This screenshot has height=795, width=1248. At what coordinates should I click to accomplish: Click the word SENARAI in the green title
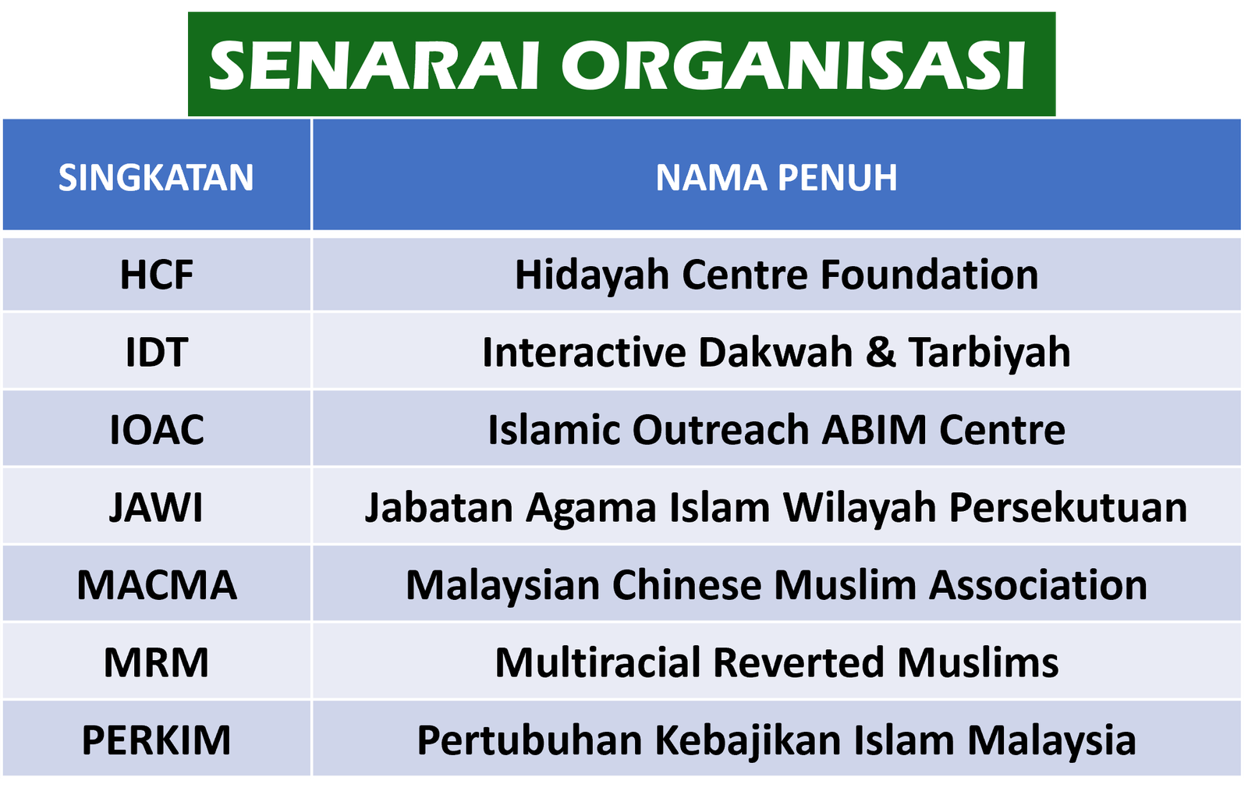coord(374,66)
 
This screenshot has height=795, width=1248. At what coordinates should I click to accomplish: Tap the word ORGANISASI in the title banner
coord(793,66)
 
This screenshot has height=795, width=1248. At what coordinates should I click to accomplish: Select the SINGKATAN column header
coord(156,178)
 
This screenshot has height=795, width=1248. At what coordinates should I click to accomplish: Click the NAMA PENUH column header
coord(776,178)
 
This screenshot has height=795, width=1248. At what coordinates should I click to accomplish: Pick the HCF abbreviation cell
coord(157,275)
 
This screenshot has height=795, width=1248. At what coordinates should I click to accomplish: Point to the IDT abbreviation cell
coord(157,352)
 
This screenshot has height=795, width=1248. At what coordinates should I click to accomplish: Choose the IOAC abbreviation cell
coord(157,430)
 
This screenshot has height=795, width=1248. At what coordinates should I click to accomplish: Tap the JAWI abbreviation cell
coord(156,507)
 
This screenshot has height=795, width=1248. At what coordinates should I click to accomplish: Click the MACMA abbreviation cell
coord(157,585)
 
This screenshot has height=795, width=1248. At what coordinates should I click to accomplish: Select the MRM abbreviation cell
coord(156,662)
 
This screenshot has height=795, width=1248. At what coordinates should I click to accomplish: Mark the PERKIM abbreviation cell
coord(156,740)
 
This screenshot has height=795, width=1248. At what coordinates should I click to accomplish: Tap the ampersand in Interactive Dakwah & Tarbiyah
coord(881,352)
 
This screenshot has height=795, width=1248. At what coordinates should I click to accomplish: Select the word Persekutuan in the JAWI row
coord(1068,508)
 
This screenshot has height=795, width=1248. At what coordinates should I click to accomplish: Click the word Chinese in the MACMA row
coord(686,585)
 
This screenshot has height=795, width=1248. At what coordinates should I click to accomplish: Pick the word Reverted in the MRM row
coord(799,662)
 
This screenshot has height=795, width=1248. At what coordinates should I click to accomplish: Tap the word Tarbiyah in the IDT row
coord(990,353)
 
